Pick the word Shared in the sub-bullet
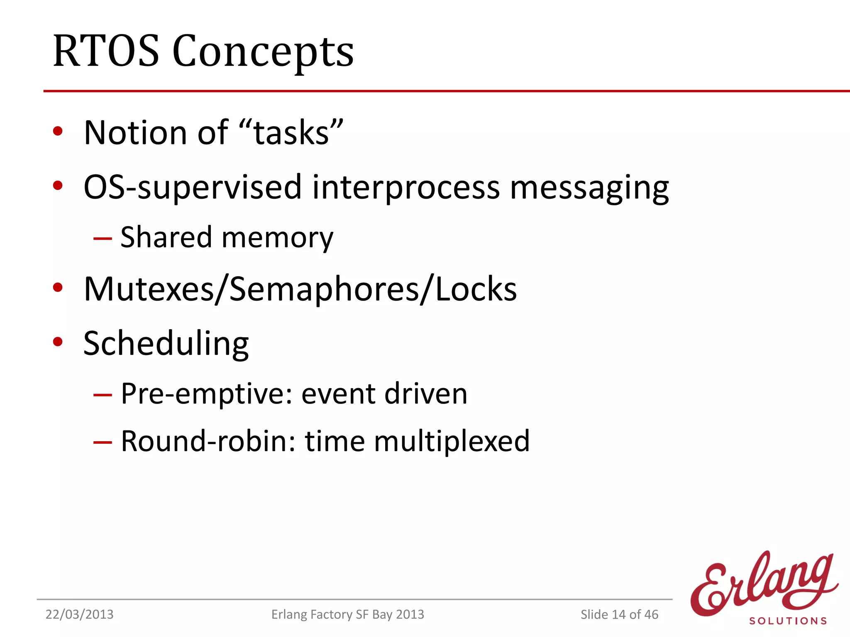click(x=166, y=237)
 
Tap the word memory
click(x=278, y=239)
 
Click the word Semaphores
click(x=324, y=289)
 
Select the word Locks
click(x=476, y=289)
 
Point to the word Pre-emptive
click(x=208, y=394)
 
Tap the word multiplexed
click(x=452, y=442)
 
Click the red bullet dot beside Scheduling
click(x=58, y=342)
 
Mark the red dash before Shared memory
click(x=103, y=239)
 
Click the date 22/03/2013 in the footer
click(x=79, y=614)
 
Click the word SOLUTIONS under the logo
click(x=788, y=621)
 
